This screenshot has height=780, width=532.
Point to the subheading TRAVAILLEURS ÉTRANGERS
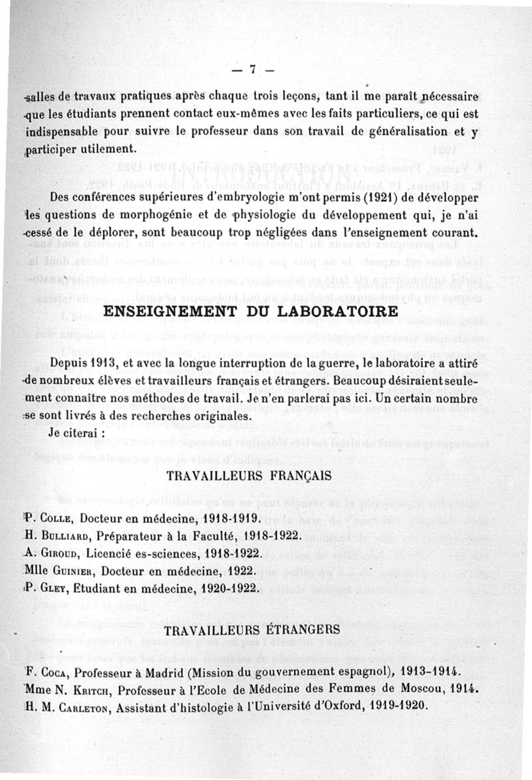click(253, 629)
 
